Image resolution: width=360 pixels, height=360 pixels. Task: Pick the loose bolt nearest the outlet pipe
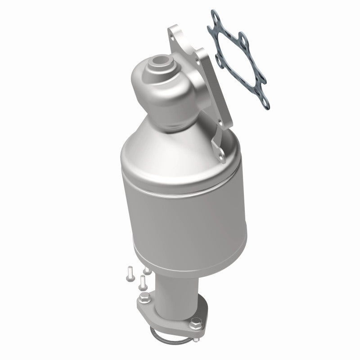144,283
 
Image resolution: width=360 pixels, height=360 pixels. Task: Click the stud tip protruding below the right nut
196,333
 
